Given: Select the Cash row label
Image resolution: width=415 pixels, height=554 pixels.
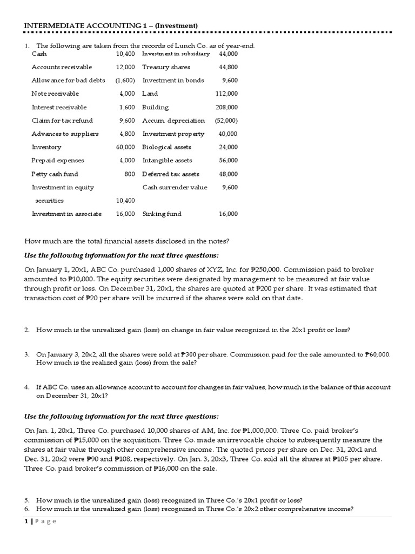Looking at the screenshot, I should [x=39, y=54].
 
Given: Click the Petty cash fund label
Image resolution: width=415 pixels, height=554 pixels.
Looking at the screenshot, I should [x=55, y=174].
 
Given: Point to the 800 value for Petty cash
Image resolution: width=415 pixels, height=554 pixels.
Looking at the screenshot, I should [x=130, y=174].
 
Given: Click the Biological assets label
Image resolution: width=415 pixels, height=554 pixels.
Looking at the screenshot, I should [x=167, y=147].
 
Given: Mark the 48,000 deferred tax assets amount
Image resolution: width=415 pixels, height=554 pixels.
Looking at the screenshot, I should [x=227, y=174].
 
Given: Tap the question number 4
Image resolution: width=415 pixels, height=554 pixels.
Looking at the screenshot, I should [x=26, y=387].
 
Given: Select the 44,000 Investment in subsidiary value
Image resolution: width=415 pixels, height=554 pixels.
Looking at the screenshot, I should [x=227, y=54].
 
